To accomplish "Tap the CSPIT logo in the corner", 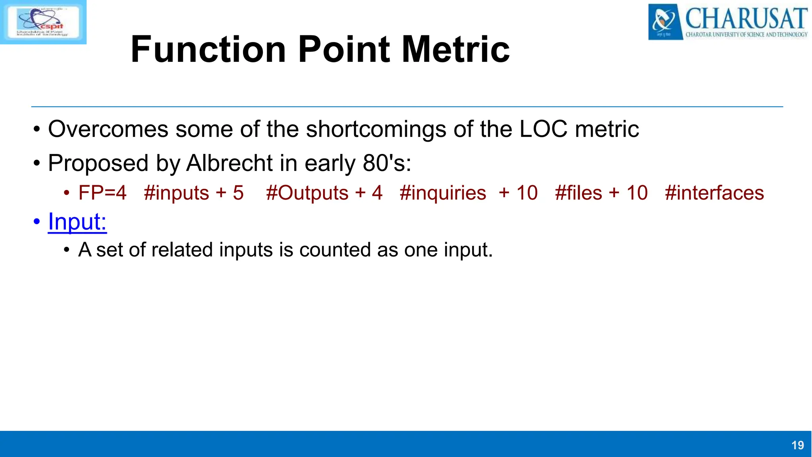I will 43,22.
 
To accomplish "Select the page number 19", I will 797,445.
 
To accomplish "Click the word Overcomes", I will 108,129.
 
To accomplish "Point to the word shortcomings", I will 376,129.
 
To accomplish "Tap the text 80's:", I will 387,163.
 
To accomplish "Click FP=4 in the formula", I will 102,193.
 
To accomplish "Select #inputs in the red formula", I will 176,193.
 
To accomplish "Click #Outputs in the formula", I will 307,193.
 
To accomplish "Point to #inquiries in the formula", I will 443,193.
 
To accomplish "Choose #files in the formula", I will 578,193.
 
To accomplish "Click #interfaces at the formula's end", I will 714,193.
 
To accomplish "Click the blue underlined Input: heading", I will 77,221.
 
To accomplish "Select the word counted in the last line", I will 335,250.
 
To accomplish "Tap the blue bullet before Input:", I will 37,222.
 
